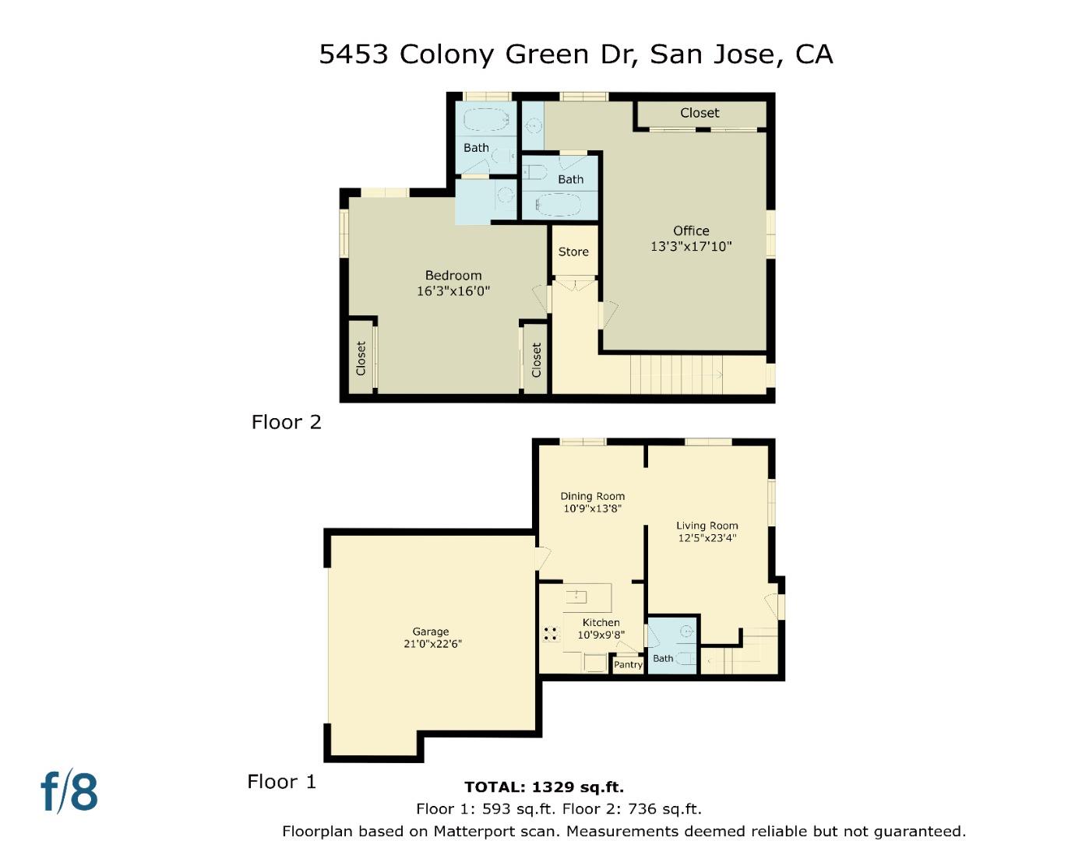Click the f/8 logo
69,791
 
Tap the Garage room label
431,632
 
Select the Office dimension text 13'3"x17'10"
691,246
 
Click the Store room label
573,252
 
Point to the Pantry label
628,664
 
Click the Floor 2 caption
286,422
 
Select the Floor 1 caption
281,781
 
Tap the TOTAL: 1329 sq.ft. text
544,786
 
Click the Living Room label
707,526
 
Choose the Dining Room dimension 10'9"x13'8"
592,508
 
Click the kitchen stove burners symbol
552,634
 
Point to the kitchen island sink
576,596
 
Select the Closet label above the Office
700,113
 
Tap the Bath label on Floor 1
663,658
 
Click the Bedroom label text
453,275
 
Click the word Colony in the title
446,54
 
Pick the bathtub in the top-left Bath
486,120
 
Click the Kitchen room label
601,622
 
